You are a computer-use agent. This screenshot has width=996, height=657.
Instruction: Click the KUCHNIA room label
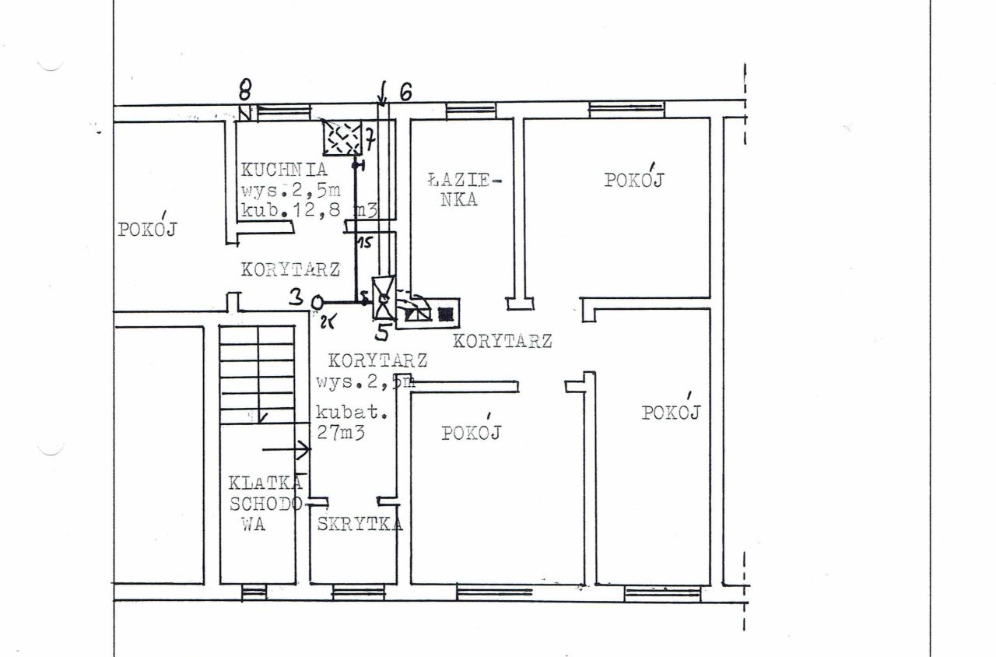[284, 170]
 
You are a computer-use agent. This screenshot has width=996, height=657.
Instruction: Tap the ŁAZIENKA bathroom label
[465, 189]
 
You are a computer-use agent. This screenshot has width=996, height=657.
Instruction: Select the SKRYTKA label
[359, 525]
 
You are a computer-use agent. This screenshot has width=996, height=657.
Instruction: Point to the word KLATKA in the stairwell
[266, 483]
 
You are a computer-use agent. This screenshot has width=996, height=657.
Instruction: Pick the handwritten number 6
[405, 93]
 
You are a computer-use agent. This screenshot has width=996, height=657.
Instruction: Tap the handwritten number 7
[370, 140]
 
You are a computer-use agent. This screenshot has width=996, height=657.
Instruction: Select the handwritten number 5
[382, 332]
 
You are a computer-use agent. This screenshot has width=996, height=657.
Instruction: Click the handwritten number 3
[297, 297]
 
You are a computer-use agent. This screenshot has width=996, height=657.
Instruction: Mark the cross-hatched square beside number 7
[342, 138]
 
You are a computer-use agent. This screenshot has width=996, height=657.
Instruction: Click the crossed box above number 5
[384, 297]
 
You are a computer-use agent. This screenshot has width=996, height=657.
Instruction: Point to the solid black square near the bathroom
[444, 314]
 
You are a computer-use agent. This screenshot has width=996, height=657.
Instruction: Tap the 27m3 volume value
[341, 432]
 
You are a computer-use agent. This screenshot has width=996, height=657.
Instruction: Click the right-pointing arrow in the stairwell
[286, 449]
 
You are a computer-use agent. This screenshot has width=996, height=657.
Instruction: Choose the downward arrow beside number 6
[382, 93]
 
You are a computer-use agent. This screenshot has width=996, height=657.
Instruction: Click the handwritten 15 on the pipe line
[366, 244]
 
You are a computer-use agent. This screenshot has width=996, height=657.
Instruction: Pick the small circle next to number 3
[317, 303]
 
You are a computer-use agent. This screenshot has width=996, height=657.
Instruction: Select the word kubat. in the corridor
[351, 413]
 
